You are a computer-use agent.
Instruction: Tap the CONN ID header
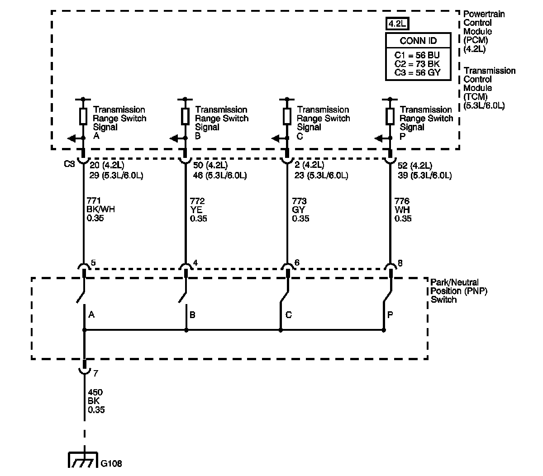(x=418, y=40)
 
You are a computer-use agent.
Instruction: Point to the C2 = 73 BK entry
(x=417, y=64)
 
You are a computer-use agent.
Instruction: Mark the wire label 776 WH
(x=403, y=209)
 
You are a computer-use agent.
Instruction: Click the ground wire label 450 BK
(x=95, y=401)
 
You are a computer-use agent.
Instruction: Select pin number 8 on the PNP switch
(x=400, y=263)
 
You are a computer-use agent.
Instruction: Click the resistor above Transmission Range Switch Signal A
(x=83, y=116)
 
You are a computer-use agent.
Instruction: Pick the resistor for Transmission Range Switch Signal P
(x=390, y=116)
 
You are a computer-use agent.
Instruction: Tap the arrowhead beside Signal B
(x=174, y=138)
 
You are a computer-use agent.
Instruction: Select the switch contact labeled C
(x=284, y=299)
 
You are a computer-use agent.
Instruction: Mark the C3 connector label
(x=69, y=164)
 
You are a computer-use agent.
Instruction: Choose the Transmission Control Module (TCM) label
(x=489, y=88)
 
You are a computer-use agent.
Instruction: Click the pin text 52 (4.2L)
(x=414, y=166)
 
